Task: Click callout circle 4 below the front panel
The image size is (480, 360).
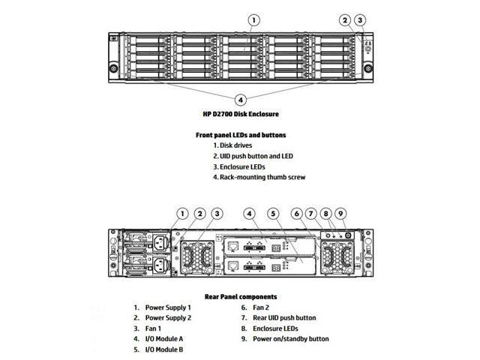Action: tap(240, 99)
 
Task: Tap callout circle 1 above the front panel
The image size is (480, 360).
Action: tap(254, 19)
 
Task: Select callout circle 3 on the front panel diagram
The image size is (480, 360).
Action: tap(361, 19)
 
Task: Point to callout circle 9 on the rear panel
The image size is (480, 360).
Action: tap(341, 214)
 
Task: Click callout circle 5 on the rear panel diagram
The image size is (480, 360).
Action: tap(274, 214)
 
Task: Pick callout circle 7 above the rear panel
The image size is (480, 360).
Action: tap(310, 214)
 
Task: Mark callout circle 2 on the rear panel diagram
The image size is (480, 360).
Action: tap(199, 214)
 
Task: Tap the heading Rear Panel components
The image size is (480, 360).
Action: tap(241, 297)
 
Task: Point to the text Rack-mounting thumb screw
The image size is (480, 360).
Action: tap(257, 177)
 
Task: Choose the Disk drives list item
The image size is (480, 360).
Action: tap(236, 145)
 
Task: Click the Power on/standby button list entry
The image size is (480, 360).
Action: tap(290, 339)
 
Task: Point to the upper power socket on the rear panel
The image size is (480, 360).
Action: tap(160, 241)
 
